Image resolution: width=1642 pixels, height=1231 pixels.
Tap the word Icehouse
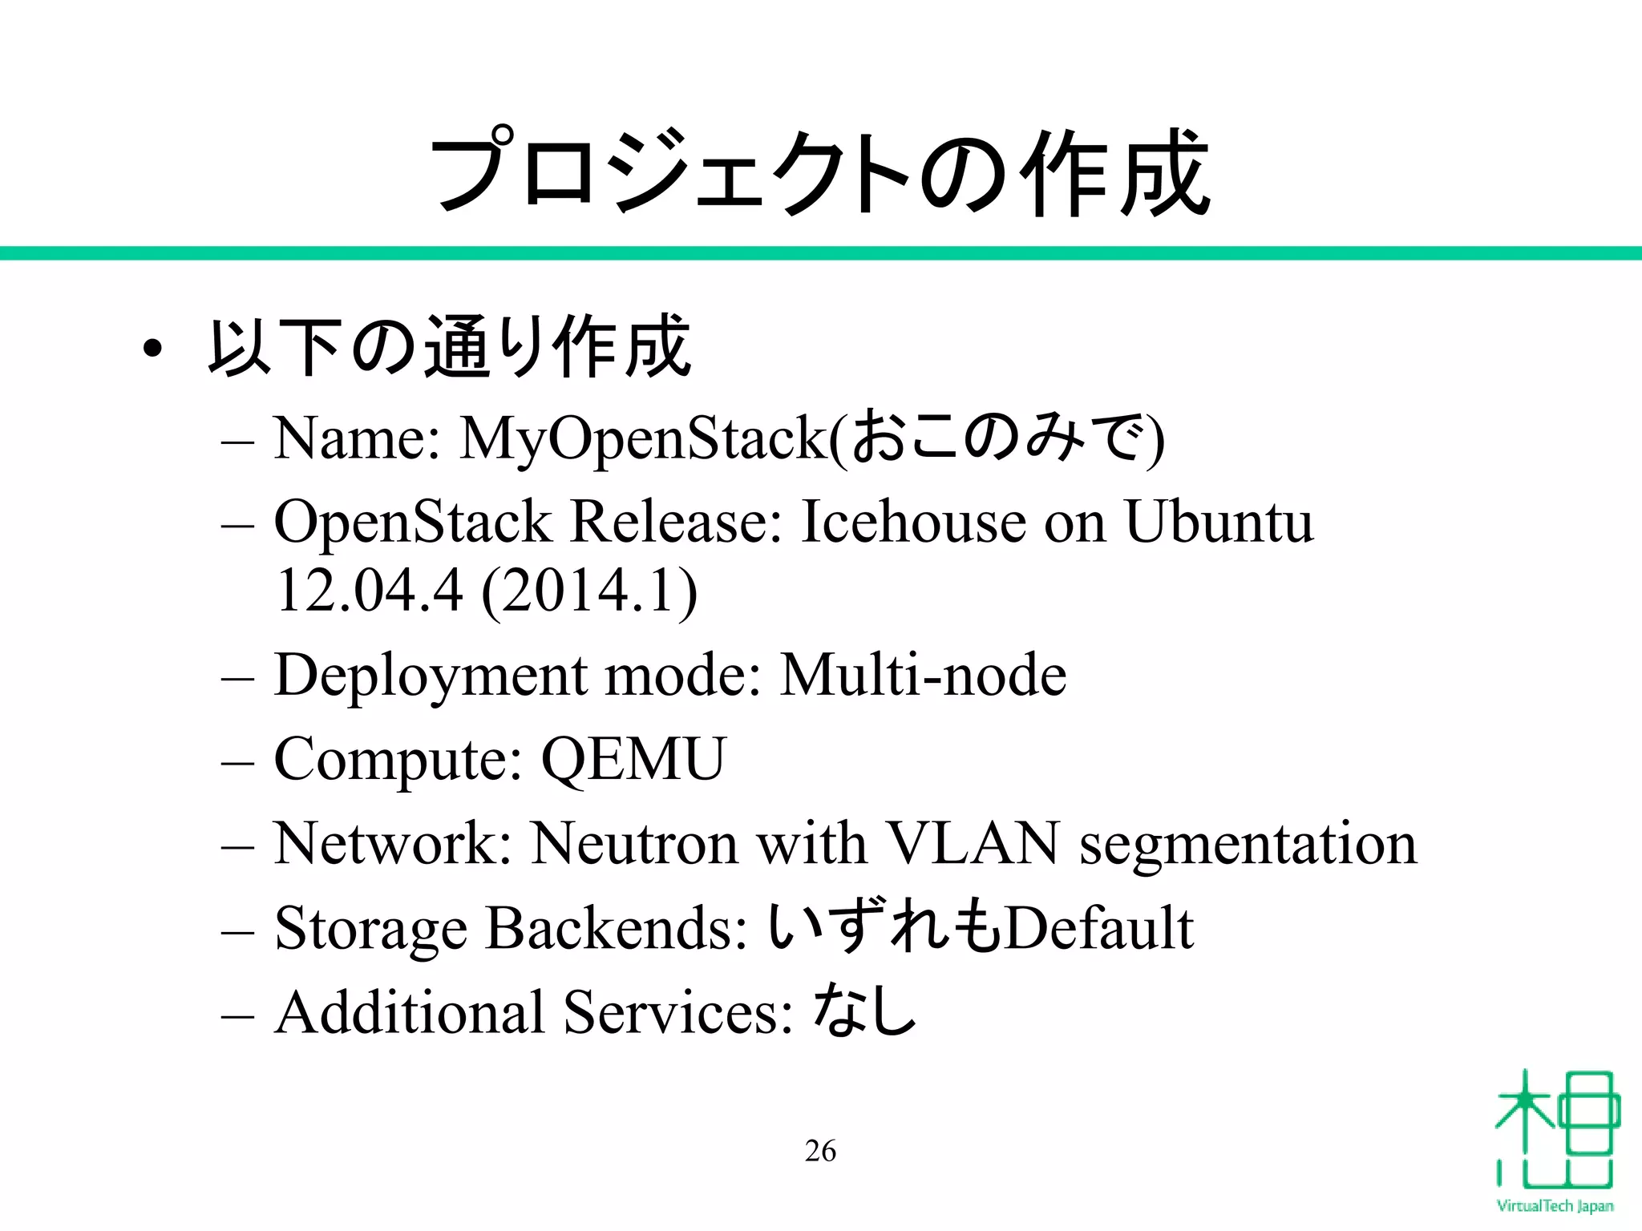[x=913, y=522]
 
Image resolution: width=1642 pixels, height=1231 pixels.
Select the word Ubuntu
[x=1219, y=522]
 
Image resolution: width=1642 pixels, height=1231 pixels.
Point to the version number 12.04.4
[x=370, y=591]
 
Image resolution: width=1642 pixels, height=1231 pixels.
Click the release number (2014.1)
[x=590, y=591]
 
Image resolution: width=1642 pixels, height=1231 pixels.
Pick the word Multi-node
[x=923, y=675]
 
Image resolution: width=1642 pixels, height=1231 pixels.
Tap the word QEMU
[x=633, y=759]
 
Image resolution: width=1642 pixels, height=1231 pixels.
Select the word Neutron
[x=634, y=843]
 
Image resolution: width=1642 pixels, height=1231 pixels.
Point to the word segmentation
[x=1248, y=845]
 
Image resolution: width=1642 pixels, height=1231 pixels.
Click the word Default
[x=1099, y=928]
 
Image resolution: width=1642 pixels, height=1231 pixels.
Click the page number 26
[x=820, y=1151]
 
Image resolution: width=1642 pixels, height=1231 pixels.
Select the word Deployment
[x=430, y=676]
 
